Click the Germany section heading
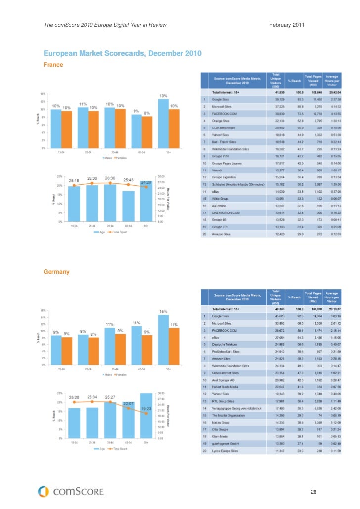[x=56, y=272]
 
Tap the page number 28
[x=313, y=492]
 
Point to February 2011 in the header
[x=287, y=25]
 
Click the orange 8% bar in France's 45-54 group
[x=146, y=132]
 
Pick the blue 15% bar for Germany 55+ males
[x=163, y=339]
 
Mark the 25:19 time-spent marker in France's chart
[x=74, y=186]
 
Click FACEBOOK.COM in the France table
[x=225, y=114]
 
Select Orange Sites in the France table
[x=222, y=121]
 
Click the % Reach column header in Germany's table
[x=294, y=297]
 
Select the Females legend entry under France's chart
[x=121, y=158]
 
